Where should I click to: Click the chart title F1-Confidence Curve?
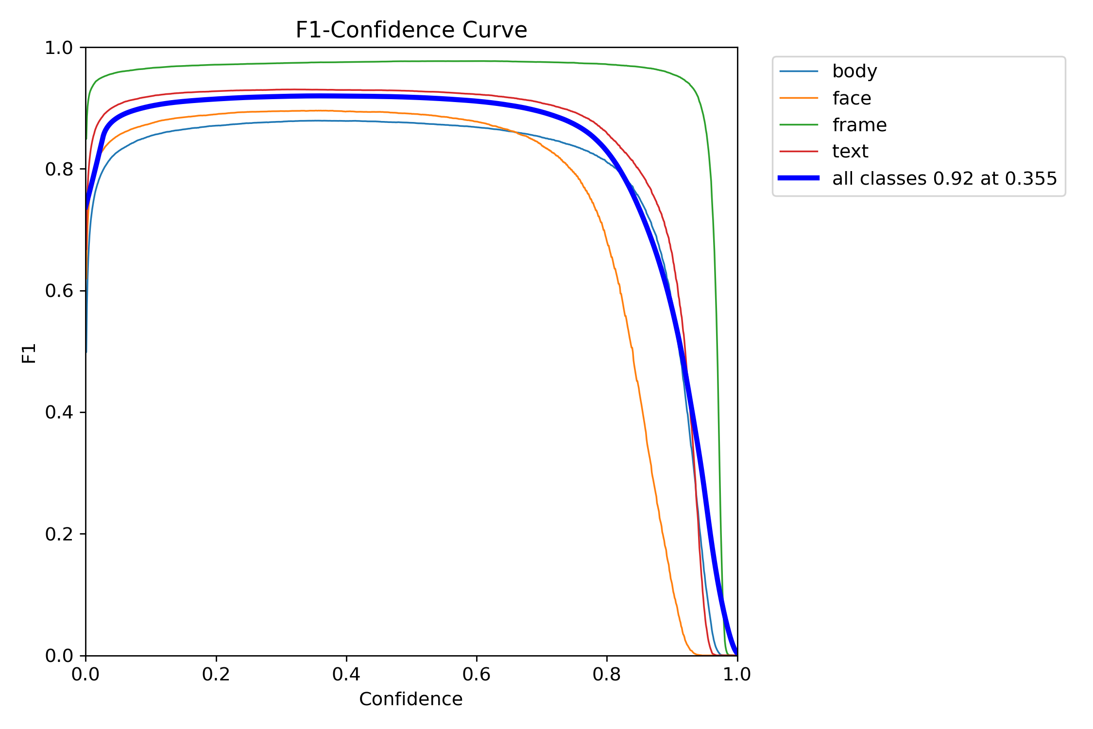coord(411,30)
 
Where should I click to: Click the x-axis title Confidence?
coord(410,699)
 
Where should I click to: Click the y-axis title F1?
coord(29,353)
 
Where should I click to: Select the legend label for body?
coord(854,71)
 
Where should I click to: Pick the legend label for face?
coord(852,98)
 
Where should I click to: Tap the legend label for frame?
coord(859,125)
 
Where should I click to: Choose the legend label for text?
coord(850,152)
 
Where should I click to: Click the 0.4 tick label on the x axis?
coord(346,674)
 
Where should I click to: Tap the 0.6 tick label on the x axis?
coord(477,674)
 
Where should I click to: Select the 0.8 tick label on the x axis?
coord(607,674)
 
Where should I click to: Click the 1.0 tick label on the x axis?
coord(737,674)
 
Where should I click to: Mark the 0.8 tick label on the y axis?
coord(59,169)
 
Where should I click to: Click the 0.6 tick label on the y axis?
coord(59,291)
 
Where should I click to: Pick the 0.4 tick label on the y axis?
coord(59,412)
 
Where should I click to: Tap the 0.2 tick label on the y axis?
coord(59,534)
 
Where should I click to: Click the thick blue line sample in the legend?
coord(799,178)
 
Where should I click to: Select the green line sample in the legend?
coord(799,125)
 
